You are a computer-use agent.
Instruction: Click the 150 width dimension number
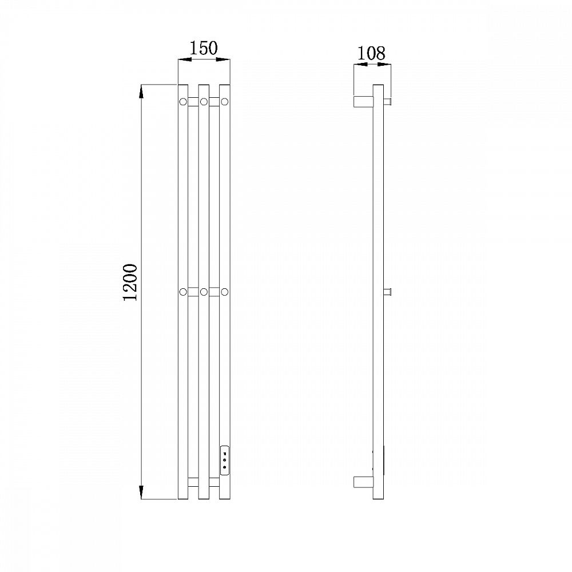(204, 48)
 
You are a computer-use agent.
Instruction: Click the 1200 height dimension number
(130, 283)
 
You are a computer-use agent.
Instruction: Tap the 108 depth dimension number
(371, 53)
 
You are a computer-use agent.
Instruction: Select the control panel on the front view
(225, 460)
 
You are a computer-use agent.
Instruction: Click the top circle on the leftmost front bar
(183, 101)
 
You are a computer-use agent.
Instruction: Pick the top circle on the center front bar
(204, 101)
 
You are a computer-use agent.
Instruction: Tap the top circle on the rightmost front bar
(225, 101)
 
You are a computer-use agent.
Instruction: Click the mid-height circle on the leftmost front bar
(183, 292)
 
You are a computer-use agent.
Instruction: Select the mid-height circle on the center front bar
(204, 292)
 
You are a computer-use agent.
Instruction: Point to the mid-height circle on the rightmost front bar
(225, 292)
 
